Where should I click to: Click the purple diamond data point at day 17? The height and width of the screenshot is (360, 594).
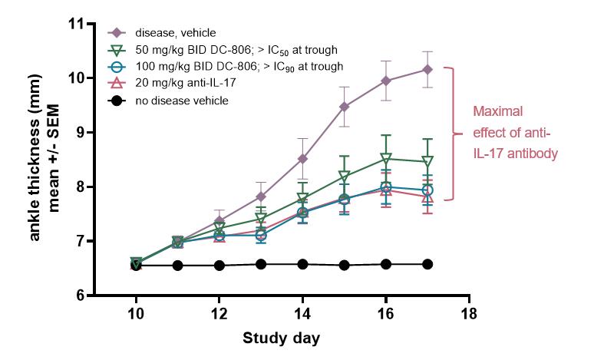(427, 69)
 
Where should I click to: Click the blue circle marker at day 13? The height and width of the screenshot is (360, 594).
(261, 235)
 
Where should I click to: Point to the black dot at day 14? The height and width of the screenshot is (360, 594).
(302, 264)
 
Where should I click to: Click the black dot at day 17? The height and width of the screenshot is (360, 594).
(427, 264)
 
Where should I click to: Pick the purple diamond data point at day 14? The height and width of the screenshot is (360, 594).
(302, 159)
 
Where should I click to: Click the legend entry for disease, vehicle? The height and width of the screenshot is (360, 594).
(175, 33)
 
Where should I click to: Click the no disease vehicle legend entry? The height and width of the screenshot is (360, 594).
(182, 101)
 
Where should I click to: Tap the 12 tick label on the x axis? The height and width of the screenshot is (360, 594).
(219, 314)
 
